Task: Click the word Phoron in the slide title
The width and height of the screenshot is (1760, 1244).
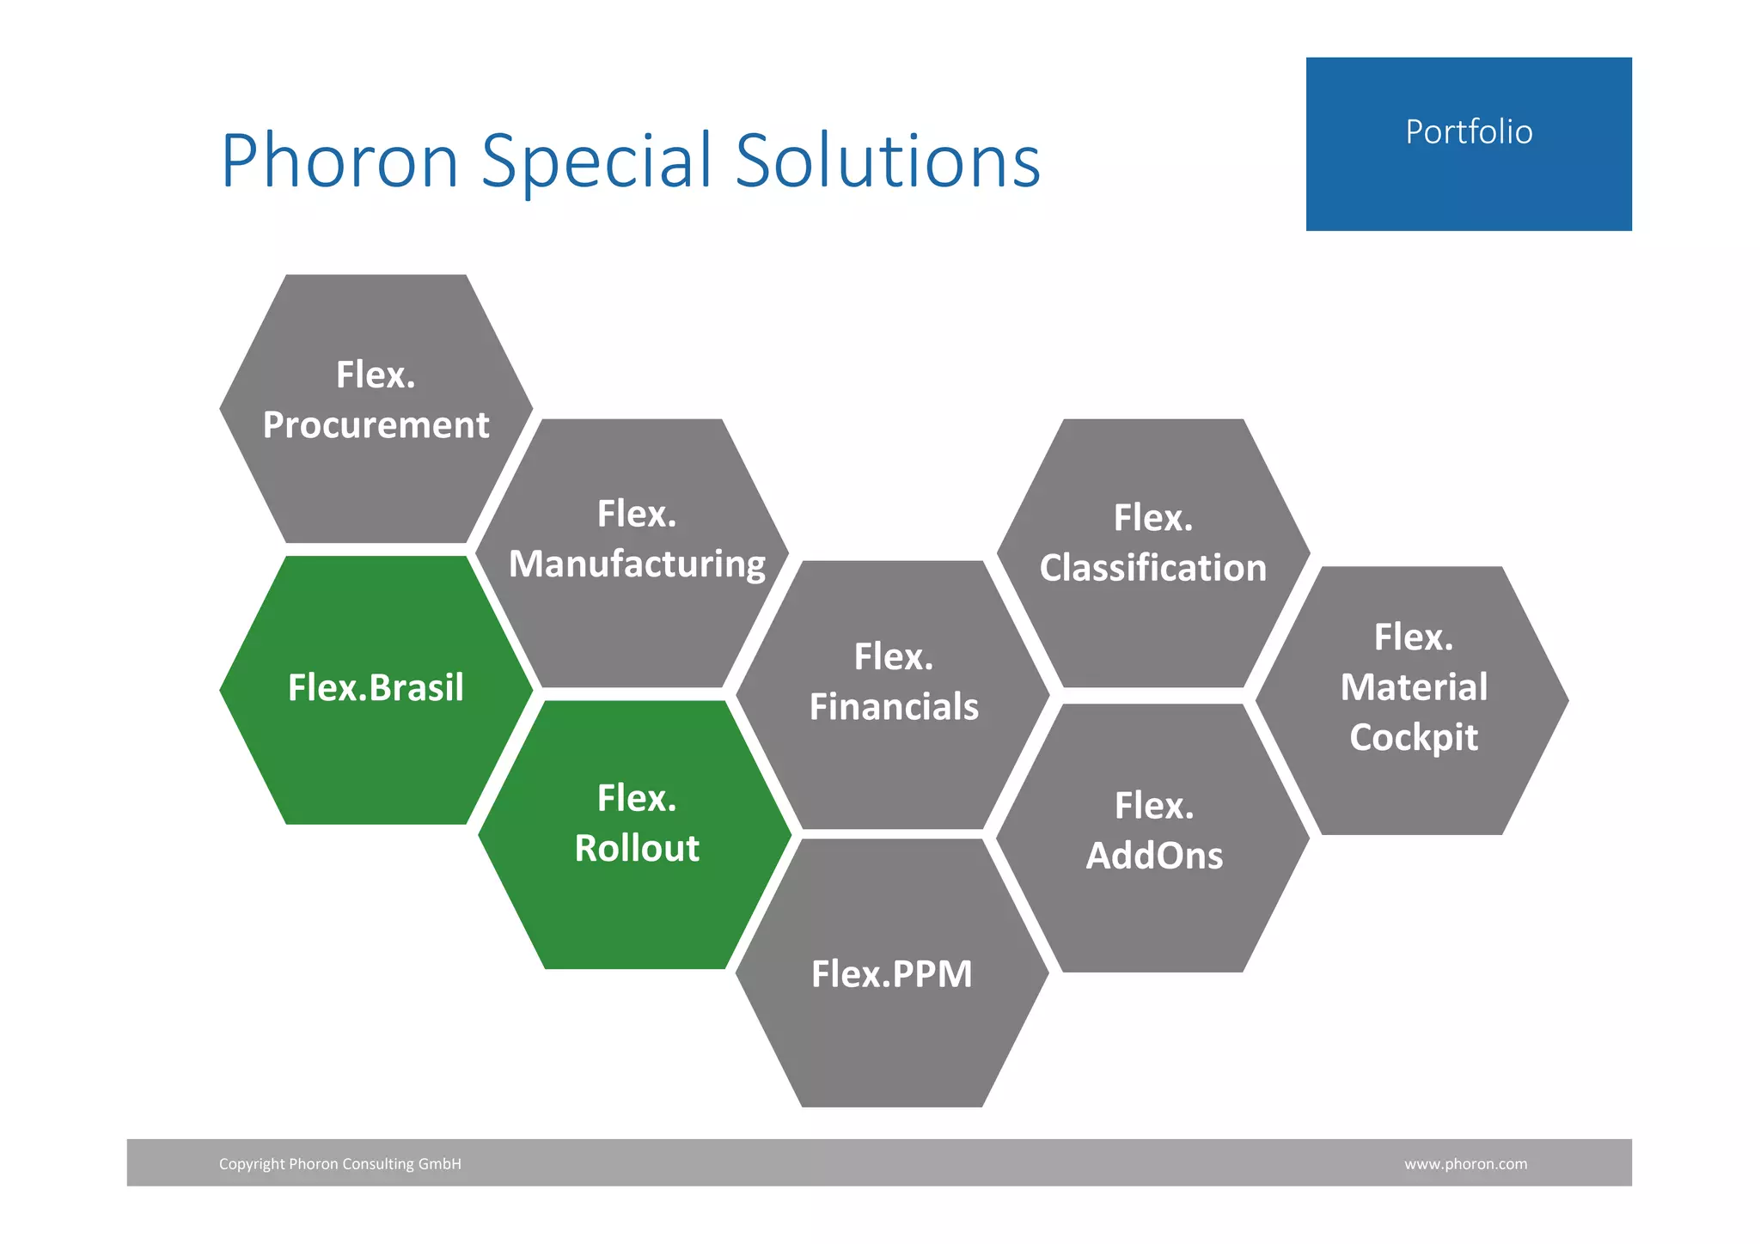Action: [x=339, y=161]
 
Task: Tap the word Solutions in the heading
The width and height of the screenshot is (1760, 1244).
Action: [x=888, y=161]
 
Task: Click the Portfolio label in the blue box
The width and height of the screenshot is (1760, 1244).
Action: [x=1469, y=132]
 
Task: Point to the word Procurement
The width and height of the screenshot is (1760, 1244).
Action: [x=376, y=425]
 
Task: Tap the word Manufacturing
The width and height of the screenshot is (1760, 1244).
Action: [x=637, y=564]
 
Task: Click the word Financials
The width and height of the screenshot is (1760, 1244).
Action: [x=894, y=707]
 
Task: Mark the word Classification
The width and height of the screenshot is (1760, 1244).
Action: [x=1153, y=568]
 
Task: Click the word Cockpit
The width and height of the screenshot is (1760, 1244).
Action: [x=1414, y=737]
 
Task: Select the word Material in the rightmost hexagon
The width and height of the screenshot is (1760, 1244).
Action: [x=1414, y=687]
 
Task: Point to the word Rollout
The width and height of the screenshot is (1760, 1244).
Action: [x=637, y=849]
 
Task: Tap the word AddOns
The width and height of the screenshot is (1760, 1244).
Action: [x=1154, y=856]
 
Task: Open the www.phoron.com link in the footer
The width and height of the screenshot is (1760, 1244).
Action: [x=1465, y=1164]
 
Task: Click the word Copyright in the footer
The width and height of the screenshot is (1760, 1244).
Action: [x=252, y=1164]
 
